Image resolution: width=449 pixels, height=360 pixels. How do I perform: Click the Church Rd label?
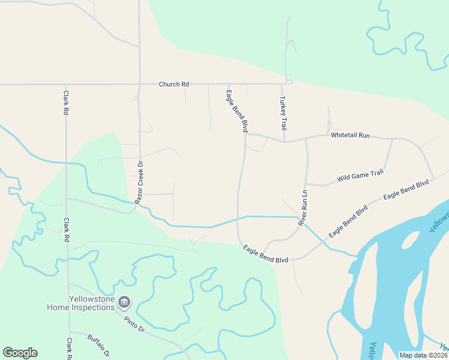coord(173,85)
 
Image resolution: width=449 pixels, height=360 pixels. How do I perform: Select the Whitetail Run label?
coord(350,136)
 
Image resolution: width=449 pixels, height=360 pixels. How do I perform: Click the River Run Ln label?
coord(304,208)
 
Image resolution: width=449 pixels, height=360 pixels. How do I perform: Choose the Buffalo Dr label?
coord(100,345)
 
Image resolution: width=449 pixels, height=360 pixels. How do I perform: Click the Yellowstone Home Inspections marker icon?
coord(124,301)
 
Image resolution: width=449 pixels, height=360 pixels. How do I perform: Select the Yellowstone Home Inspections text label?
coord(81,303)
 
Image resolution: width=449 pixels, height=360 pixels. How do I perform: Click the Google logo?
coord(20,353)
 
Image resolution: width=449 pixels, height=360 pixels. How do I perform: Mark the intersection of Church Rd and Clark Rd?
coord(66,85)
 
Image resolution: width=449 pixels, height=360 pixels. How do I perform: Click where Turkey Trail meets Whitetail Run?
coord(284,142)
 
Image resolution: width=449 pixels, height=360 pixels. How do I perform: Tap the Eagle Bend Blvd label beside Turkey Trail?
coord(237,111)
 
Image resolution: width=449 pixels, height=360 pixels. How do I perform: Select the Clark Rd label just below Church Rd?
coord(66,103)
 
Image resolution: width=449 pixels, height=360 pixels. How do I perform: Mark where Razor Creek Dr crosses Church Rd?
coord(139,85)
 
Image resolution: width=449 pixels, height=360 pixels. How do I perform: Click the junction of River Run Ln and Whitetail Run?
coord(306,139)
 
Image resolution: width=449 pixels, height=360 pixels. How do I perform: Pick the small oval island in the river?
coord(410,240)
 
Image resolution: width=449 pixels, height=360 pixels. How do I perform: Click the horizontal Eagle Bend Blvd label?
coord(265,254)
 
